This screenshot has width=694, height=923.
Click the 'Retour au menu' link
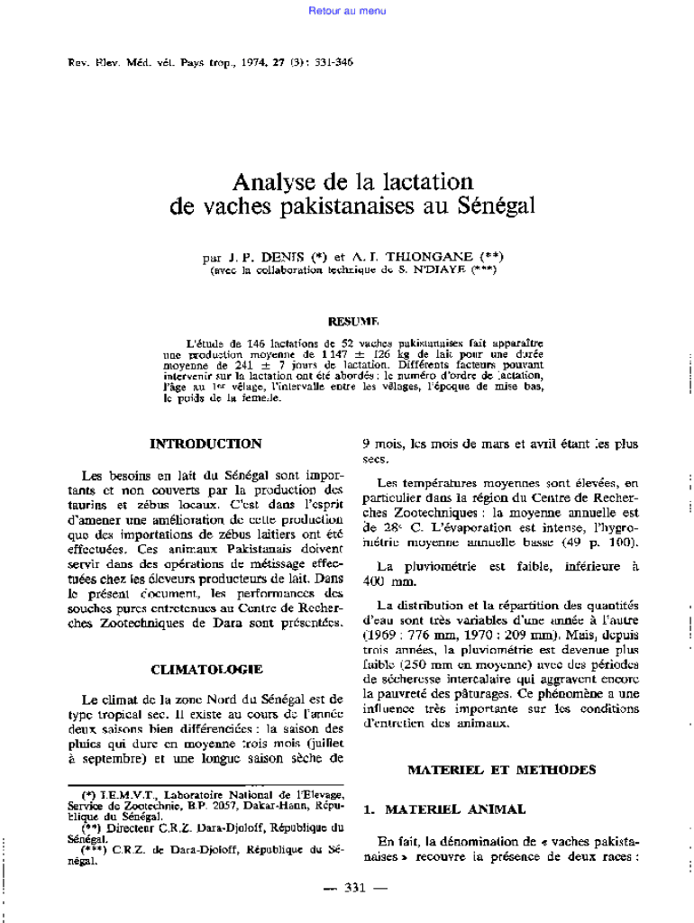click(347, 11)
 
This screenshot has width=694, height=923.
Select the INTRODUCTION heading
click(205, 443)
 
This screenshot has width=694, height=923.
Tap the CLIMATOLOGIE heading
click(206, 669)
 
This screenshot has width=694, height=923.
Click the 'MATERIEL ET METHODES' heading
click(501, 770)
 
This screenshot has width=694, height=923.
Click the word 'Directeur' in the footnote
click(132, 827)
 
